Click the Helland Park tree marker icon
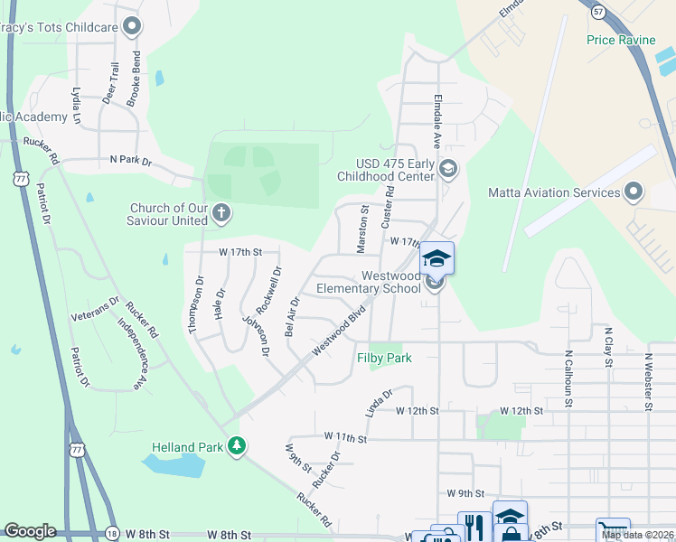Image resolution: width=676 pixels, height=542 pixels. click(237, 445)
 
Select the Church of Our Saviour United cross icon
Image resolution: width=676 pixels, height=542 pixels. click(221, 213)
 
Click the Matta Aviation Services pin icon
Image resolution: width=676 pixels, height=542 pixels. click(634, 192)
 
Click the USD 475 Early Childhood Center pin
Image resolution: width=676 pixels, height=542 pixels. click(447, 169)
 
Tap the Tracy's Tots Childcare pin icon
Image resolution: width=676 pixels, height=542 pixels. click(133, 26)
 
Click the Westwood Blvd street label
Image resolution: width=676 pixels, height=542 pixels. click(339, 332)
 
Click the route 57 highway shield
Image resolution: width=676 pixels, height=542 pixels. click(598, 11)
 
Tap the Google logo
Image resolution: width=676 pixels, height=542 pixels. click(30, 531)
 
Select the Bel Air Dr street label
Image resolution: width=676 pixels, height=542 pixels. click(292, 315)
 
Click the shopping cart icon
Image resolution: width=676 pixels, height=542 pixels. click(611, 530)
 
